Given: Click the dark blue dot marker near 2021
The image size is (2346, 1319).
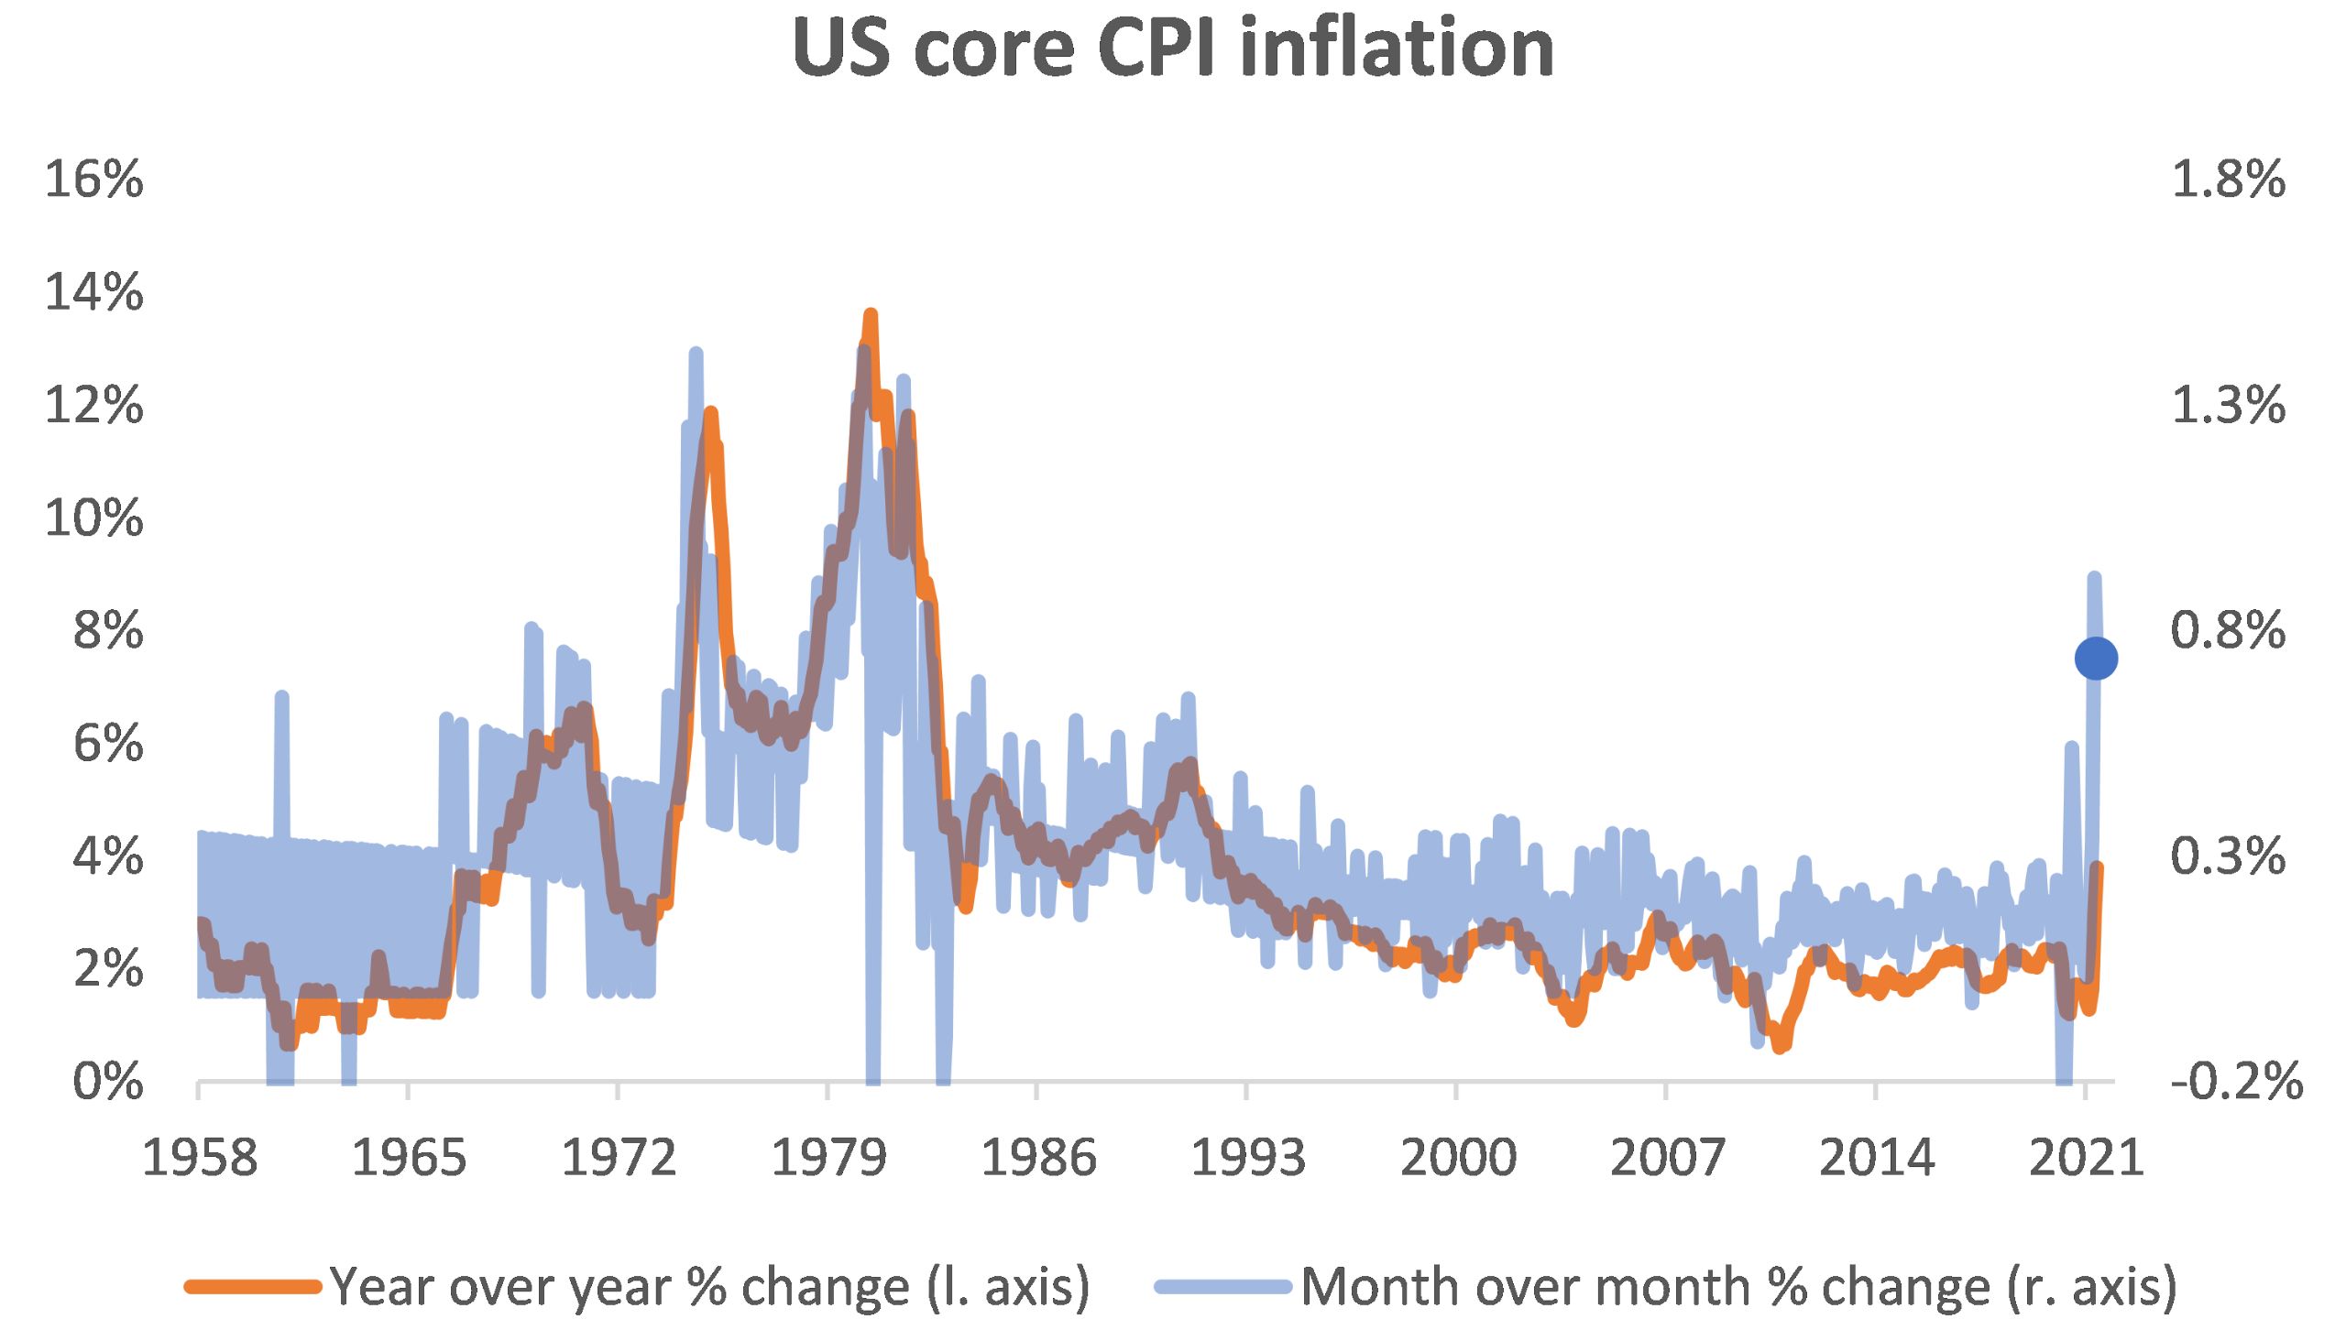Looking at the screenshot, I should [x=2095, y=658].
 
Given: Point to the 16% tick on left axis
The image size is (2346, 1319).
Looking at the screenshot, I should [x=94, y=179].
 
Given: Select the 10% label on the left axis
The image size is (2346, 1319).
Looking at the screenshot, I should [x=94, y=518].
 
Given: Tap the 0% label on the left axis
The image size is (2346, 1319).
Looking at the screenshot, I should [x=108, y=1083].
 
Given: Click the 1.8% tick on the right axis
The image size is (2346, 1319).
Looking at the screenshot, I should [x=2228, y=179].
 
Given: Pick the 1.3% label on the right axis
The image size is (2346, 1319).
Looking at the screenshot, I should [x=2228, y=405].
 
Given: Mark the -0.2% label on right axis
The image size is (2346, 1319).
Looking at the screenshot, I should [x=2236, y=1082].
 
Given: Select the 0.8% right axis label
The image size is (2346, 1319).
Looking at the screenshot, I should [x=2228, y=630].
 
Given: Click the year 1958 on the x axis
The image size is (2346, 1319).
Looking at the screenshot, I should [x=200, y=1159].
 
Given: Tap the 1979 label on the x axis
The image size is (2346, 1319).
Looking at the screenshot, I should [x=828, y=1159].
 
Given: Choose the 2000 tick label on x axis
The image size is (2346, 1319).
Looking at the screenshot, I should [x=1457, y=1159].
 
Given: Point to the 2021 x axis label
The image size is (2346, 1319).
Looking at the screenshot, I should [x=2086, y=1159].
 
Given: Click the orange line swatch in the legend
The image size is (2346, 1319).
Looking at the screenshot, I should [x=253, y=1287].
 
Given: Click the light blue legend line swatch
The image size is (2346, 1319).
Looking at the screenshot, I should [x=1223, y=1287].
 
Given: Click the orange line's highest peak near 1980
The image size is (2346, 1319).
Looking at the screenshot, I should [x=871, y=315].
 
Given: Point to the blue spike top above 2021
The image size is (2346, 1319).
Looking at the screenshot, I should [x=2094, y=577].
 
